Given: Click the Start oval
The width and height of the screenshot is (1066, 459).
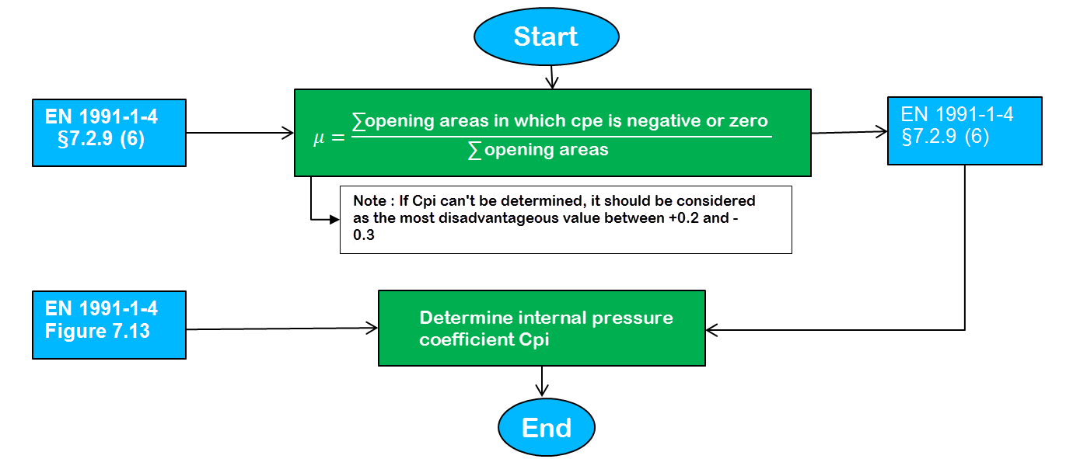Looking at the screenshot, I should click(x=546, y=37).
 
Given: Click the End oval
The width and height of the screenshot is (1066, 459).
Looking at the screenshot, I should click(x=546, y=428).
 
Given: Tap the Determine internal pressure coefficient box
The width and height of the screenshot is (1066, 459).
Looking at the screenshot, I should click(x=541, y=328).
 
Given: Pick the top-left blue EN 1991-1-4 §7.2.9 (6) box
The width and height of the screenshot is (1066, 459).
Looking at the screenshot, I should click(x=109, y=133).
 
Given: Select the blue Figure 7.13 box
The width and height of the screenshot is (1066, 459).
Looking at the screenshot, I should click(x=109, y=325).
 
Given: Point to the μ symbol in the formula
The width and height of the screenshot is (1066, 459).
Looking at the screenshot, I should click(x=318, y=138).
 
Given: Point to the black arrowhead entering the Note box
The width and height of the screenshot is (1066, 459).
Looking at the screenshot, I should click(x=334, y=220).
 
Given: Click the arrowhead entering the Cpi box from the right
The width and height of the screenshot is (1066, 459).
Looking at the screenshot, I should click(x=712, y=329).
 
